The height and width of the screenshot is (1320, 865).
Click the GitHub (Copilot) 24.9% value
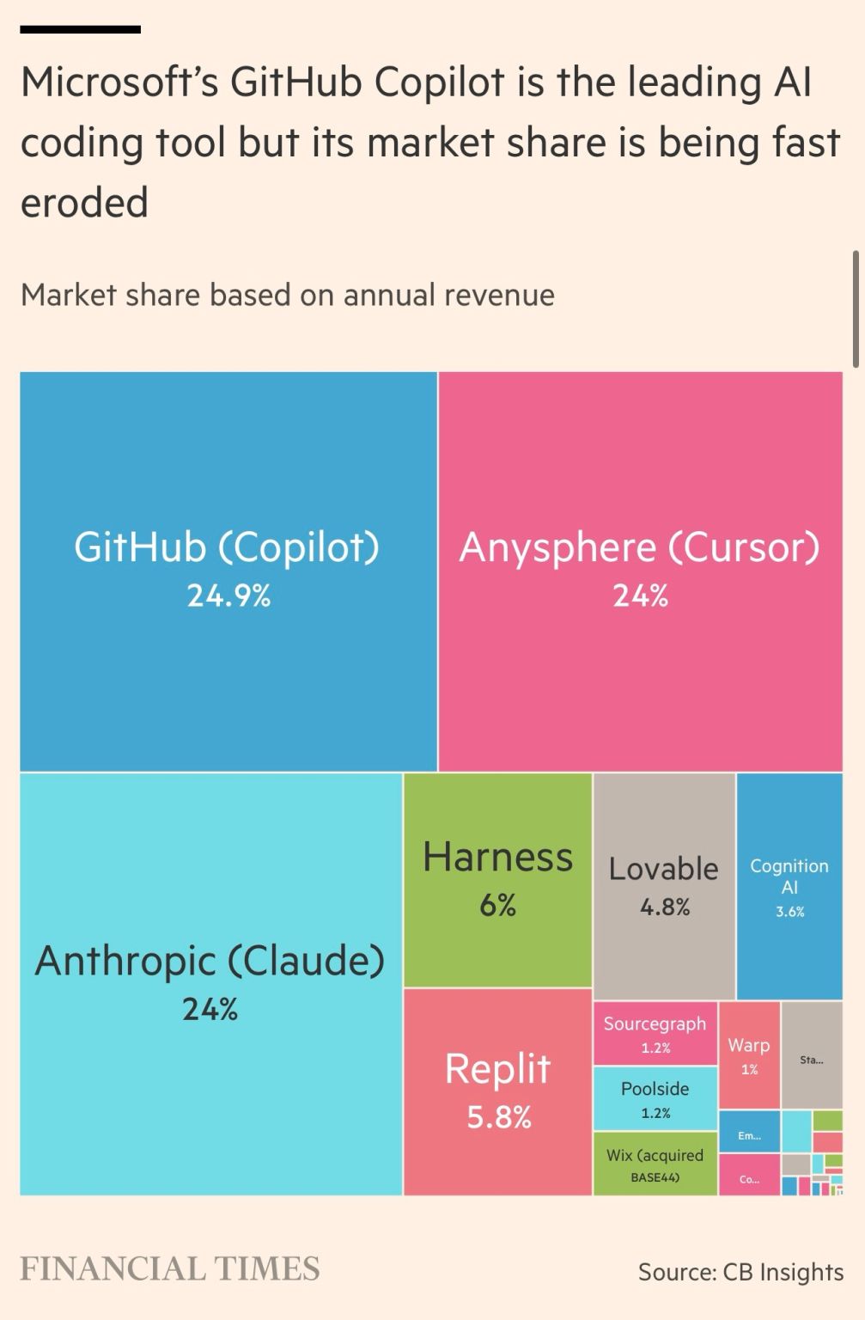228,596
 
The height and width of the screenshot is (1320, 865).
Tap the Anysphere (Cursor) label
639,548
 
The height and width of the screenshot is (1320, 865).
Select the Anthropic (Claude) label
210,961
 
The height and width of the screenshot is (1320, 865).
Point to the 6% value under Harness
497,905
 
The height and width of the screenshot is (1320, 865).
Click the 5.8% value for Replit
498,1117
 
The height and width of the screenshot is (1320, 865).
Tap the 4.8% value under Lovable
664,907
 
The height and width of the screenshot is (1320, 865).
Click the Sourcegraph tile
655,1033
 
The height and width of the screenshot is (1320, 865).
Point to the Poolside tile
655,1098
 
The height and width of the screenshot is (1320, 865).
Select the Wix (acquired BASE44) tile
655,1164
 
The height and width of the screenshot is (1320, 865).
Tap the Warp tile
749,1054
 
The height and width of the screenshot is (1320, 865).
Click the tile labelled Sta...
811,1059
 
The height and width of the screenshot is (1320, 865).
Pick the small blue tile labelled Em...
749,1135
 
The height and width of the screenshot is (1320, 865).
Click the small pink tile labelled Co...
749,1178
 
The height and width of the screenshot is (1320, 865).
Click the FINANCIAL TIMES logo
169,1268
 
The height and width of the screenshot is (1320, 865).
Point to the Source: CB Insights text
740,1272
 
